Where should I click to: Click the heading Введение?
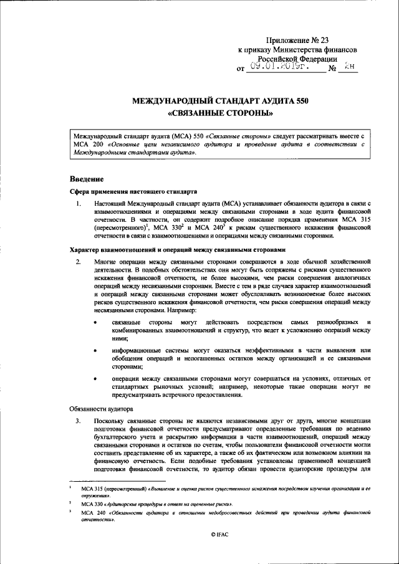tap(86, 179)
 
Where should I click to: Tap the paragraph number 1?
tap(79, 204)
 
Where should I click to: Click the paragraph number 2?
tap(79, 261)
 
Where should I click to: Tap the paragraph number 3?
tap(79, 421)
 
